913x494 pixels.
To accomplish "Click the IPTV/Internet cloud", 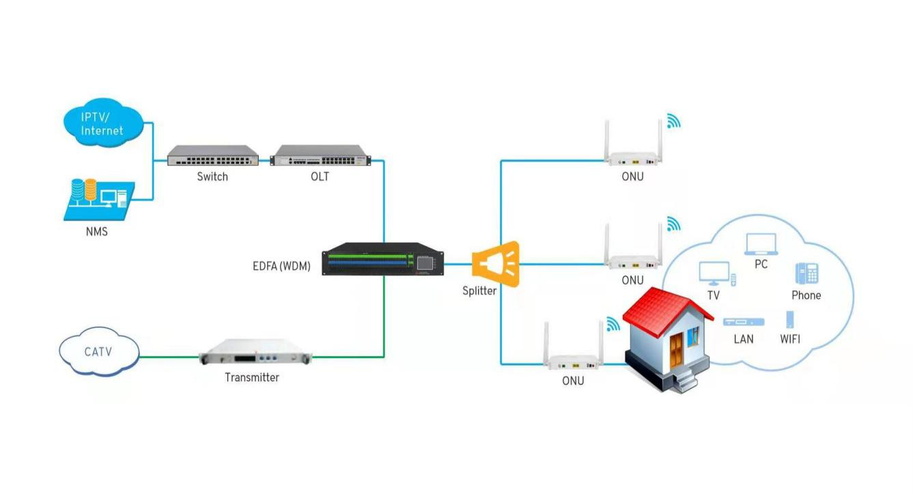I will click(x=102, y=123).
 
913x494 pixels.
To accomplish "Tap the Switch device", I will click(x=212, y=156).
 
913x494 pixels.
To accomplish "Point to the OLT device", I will click(x=320, y=156).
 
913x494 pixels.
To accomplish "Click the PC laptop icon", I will click(x=761, y=244).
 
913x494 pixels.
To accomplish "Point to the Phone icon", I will click(x=806, y=273).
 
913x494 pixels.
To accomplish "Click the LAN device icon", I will click(x=743, y=322).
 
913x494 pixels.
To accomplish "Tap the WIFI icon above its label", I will click(x=790, y=320).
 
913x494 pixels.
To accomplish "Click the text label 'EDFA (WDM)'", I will click(x=281, y=266).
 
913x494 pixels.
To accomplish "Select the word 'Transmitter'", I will click(x=252, y=377).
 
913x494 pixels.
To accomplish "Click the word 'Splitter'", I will click(x=479, y=290).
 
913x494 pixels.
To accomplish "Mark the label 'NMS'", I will click(x=96, y=232).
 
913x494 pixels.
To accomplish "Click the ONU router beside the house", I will click(x=574, y=358).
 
